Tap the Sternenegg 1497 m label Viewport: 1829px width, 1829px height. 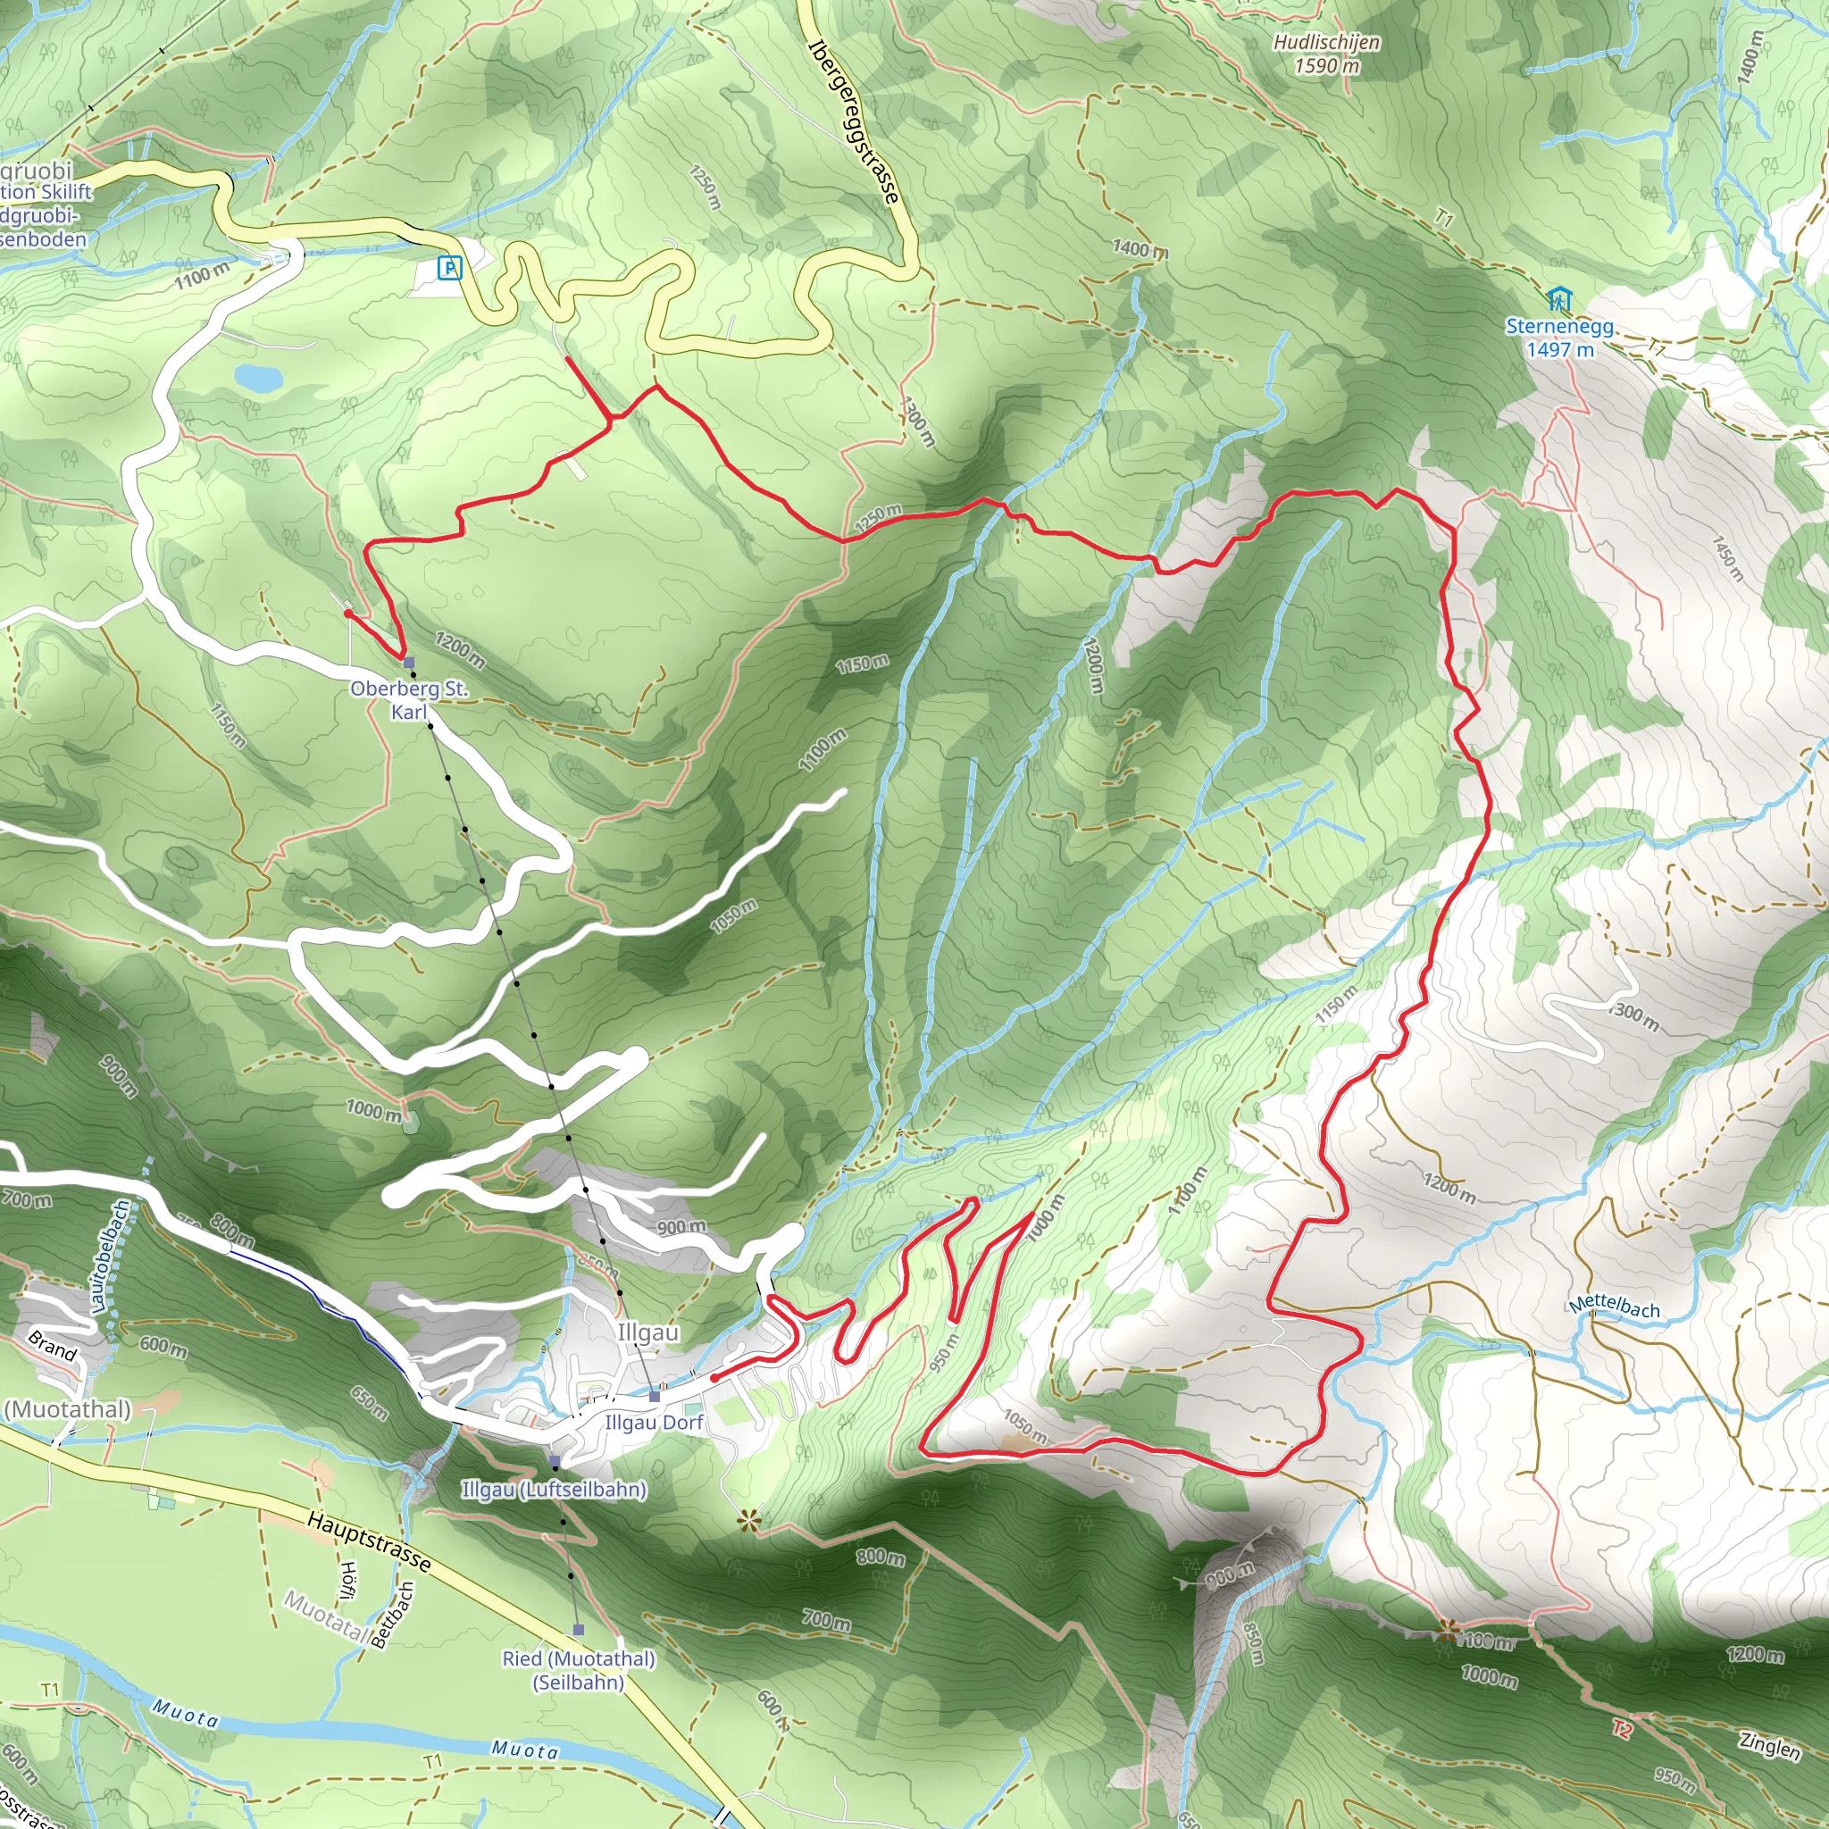click(x=1560, y=338)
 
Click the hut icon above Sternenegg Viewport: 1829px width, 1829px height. click(x=1558, y=300)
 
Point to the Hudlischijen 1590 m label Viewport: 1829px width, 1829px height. click(x=1326, y=54)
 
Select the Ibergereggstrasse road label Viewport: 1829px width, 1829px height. click(x=853, y=122)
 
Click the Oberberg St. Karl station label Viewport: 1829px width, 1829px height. click(x=409, y=699)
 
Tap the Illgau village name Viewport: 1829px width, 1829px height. click(x=648, y=1332)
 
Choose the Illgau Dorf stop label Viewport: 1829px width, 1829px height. click(x=654, y=1422)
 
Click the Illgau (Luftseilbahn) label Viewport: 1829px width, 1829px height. click(x=554, y=1489)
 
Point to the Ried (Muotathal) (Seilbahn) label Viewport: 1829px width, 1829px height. click(x=579, y=1670)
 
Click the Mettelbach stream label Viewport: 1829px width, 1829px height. click(x=1614, y=1307)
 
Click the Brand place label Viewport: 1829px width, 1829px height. click(x=52, y=1345)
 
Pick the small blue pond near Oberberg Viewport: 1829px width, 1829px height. click(x=258, y=378)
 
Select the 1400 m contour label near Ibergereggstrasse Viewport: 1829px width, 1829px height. click(x=1140, y=249)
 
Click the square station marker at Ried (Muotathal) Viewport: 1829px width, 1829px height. click(x=579, y=1629)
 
